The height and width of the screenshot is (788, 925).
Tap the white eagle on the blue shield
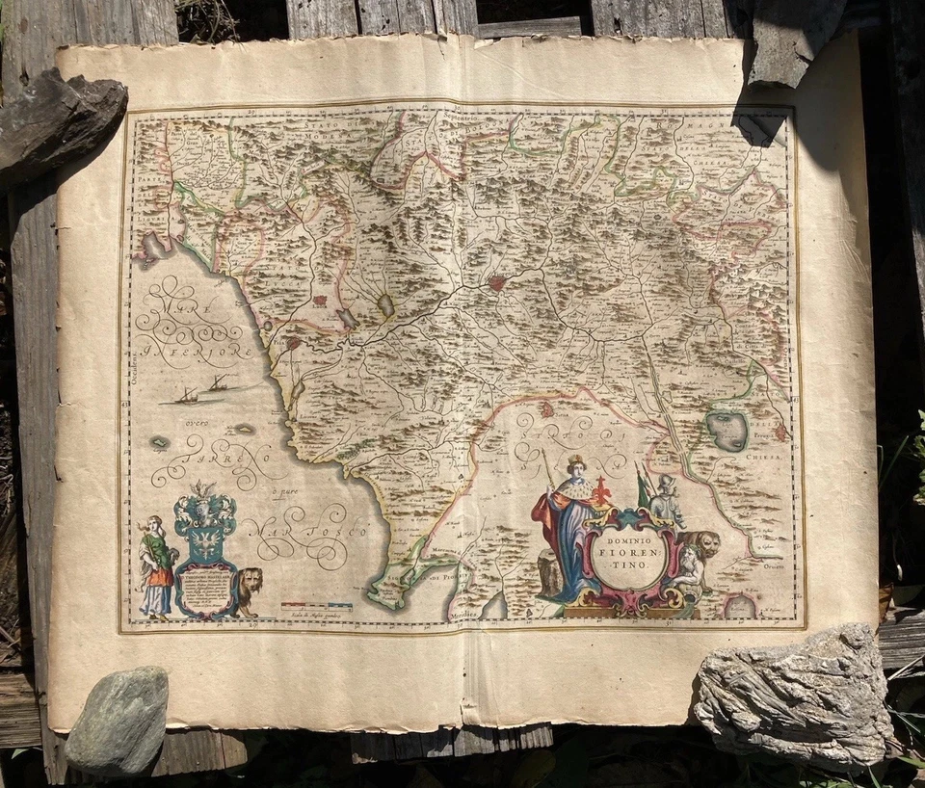pyautogui.click(x=204, y=553)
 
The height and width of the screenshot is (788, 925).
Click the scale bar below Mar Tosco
pyautogui.click(x=316, y=607)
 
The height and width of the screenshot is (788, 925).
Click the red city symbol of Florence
pyautogui.click(x=497, y=283)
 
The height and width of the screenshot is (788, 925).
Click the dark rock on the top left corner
pyautogui.click(x=58, y=120)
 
